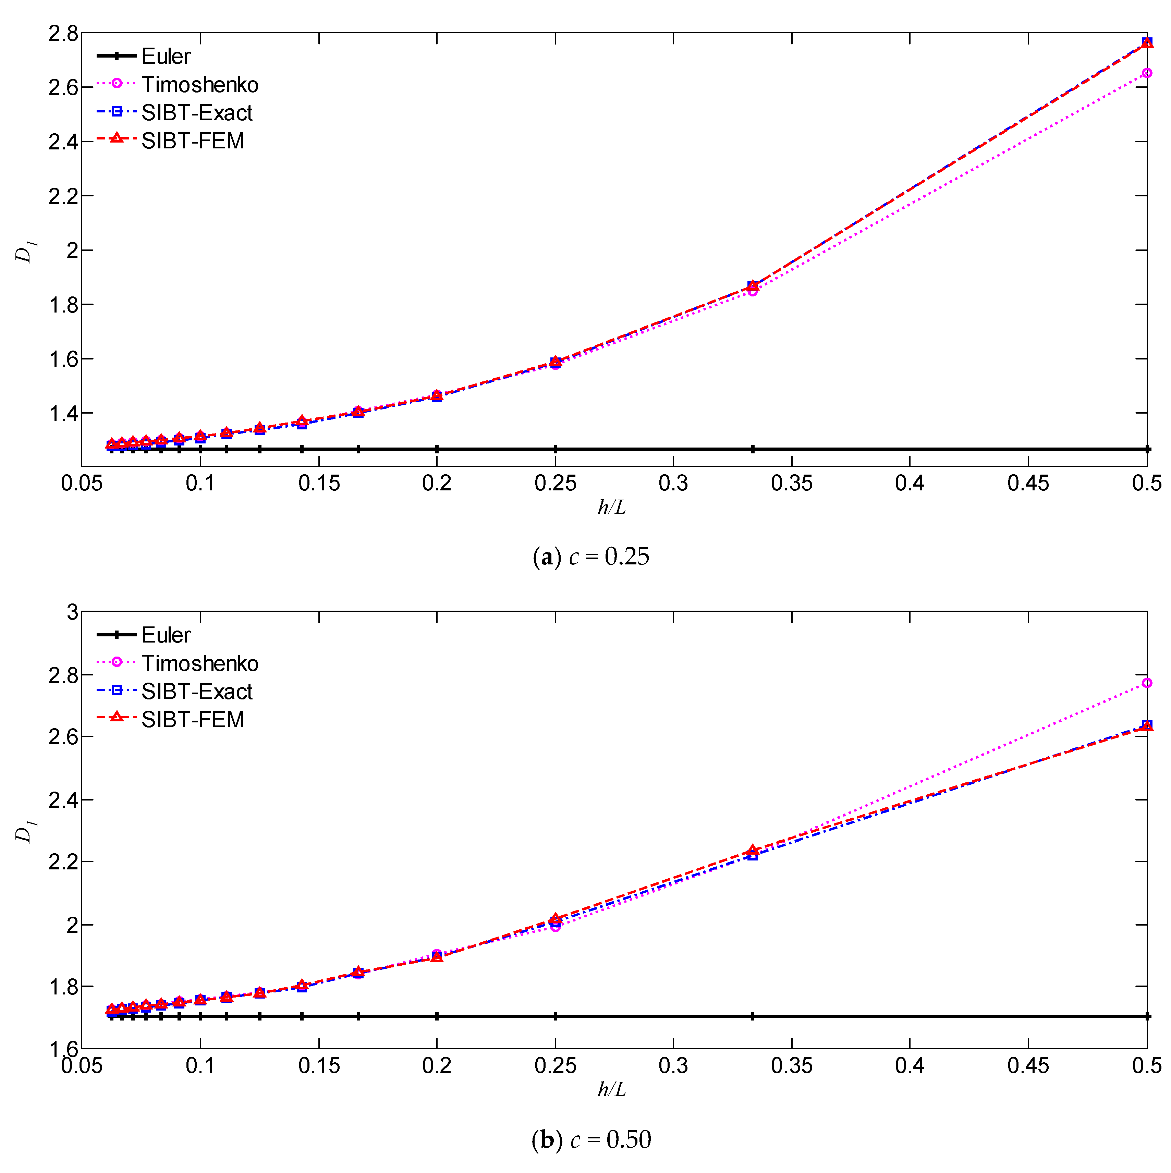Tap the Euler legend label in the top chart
click(166, 57)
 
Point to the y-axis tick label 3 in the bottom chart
click(72, 612)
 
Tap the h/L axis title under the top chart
click(611, 506)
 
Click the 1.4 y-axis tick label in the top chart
click(63, 414)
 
